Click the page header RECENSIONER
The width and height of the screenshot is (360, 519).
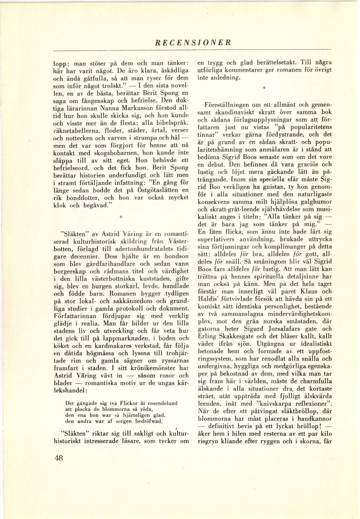pos(193,43)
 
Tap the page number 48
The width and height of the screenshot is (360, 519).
pos(59,457)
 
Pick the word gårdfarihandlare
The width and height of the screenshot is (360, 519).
pos(108,264)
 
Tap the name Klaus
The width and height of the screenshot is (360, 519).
pos(310,291)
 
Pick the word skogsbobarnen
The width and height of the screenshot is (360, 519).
pos(115,153)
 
